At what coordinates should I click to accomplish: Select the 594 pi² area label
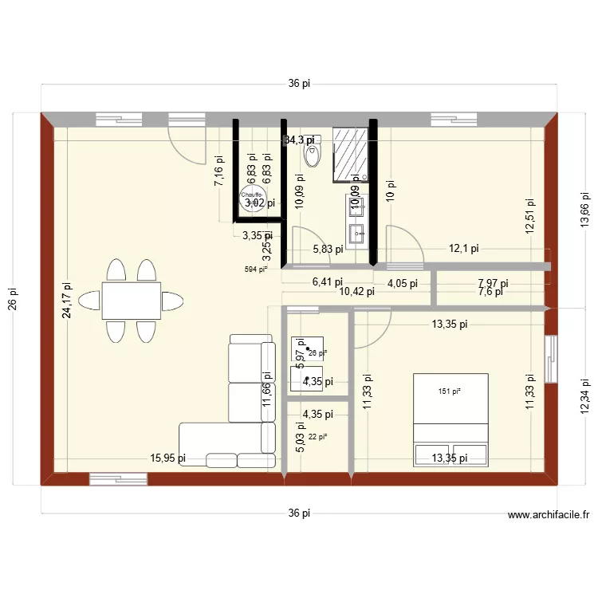coord(256,269)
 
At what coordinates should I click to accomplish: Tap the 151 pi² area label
coord(450,391)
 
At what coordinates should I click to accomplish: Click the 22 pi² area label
coord(317,435)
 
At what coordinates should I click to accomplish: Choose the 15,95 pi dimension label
coord(168,458)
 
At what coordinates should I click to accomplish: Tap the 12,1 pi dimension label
coord(463,249)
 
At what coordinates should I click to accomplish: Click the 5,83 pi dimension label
coord(328,249)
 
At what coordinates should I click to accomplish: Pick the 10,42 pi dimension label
coord(356,291)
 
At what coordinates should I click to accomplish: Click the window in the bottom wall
coord(118,478)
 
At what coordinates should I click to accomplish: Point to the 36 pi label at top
coord(299,84)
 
